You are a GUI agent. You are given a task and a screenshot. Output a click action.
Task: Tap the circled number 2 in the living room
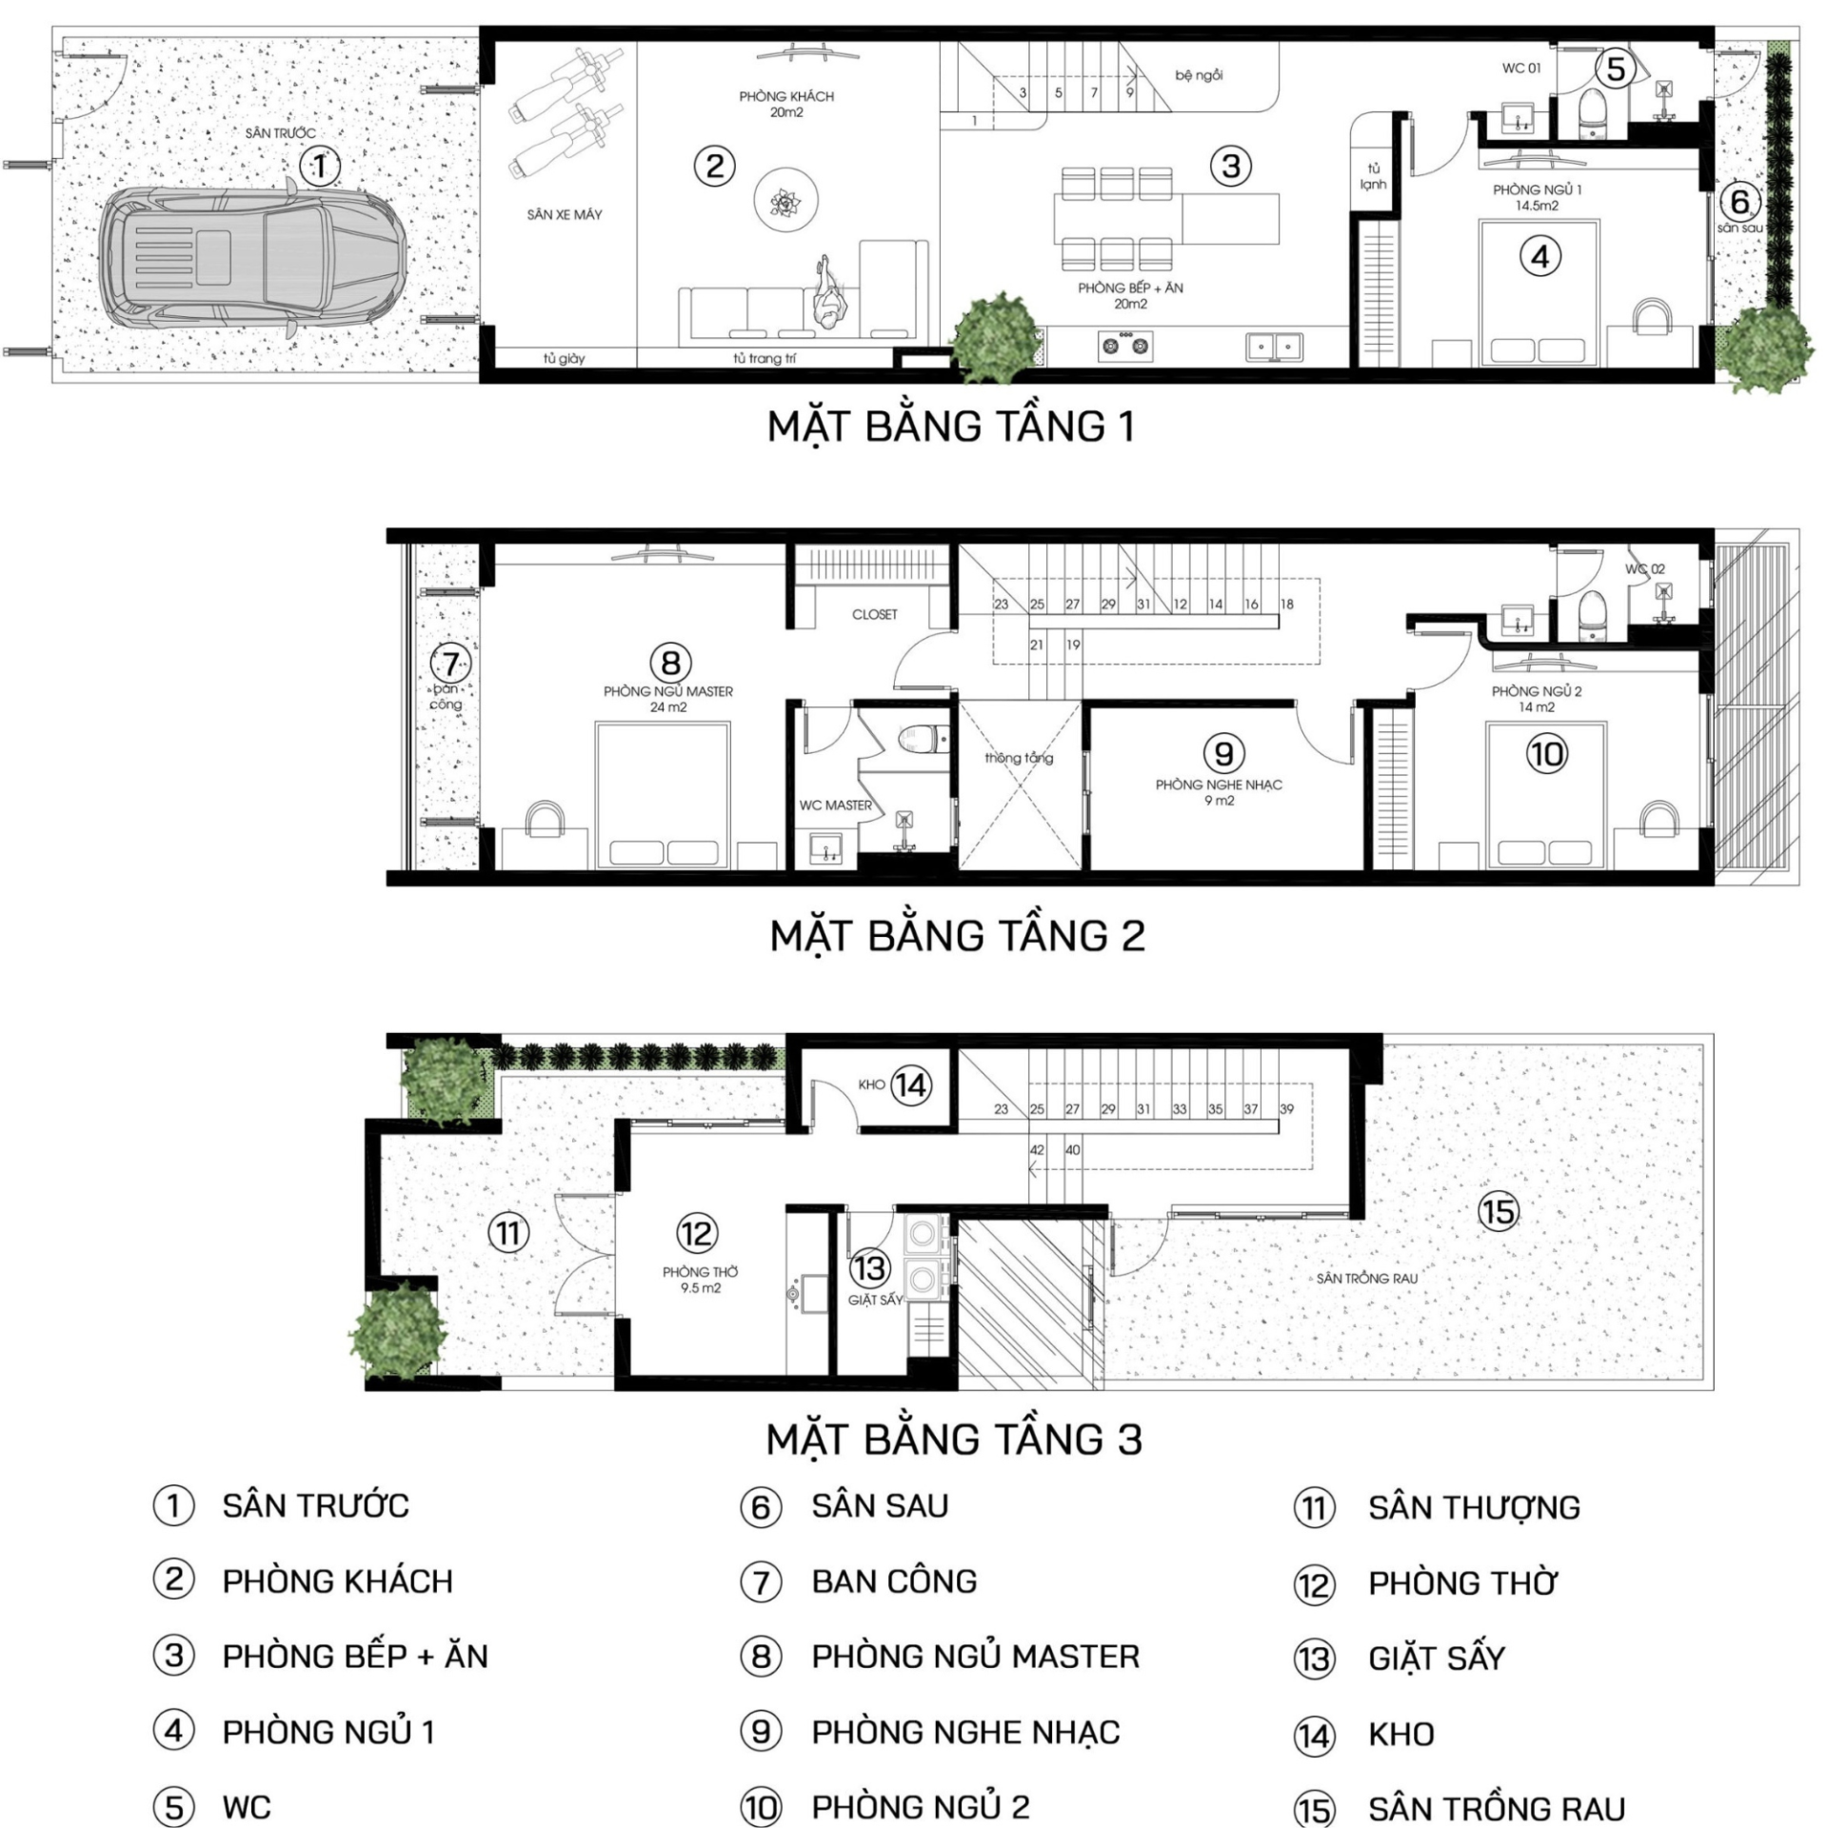714,167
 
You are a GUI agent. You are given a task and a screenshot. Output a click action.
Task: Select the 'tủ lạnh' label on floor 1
1373,176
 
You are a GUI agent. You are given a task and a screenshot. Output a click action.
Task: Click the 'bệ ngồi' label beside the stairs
1199,75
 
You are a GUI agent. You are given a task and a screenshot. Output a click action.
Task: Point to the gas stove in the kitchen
1126,345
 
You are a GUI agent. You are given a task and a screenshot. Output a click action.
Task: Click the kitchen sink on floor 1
1276,346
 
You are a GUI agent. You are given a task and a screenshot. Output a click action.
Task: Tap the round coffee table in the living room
785,202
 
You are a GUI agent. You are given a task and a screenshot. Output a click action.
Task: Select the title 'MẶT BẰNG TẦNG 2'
957,936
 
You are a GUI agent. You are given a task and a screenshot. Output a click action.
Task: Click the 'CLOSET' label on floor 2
874,615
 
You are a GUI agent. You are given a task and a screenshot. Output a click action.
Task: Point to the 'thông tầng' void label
1019,758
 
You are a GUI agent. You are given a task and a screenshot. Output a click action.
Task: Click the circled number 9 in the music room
1223,754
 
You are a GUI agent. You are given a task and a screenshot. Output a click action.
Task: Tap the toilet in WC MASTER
924,738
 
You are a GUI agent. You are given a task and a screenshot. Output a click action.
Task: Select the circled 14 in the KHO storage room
910,1085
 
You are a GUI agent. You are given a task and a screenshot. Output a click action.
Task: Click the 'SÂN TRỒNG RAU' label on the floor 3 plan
1366,1279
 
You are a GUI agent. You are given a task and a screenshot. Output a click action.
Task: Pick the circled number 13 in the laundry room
869,1268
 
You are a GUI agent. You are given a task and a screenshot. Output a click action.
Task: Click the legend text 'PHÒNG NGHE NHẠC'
965,1732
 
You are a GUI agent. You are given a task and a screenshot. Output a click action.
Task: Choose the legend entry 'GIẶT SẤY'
1437,1658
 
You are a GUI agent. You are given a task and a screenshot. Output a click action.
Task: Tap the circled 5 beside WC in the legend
173,1807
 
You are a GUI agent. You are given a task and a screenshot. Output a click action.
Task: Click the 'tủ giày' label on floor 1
564,358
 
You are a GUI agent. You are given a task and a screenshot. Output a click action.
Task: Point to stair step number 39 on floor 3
1286,1108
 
